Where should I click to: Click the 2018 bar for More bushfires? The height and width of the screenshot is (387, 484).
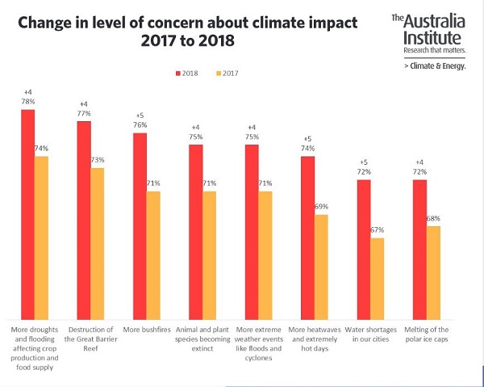pyautogui.click(x=140, y=226)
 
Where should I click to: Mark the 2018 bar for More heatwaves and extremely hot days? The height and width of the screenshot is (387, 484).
pyautogui.click(x=307, y=238)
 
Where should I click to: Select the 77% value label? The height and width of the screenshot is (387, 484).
pyautogui.click(x=84, y=114)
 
